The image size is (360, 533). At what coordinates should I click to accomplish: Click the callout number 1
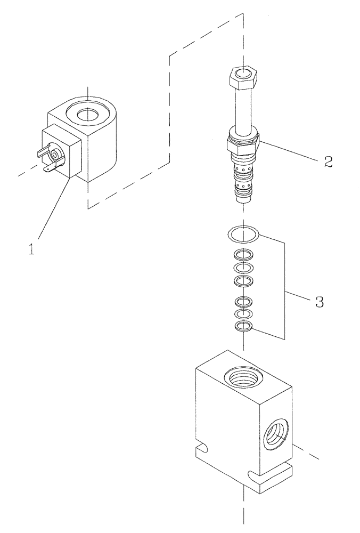coord(32,248)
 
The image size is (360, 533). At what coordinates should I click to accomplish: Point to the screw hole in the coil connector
coord(56,155)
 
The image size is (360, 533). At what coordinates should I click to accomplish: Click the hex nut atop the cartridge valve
coord(243,79)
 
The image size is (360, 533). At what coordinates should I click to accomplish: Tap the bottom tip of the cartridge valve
coord(243,199)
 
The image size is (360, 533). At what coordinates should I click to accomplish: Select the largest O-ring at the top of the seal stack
coord(243,233)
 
